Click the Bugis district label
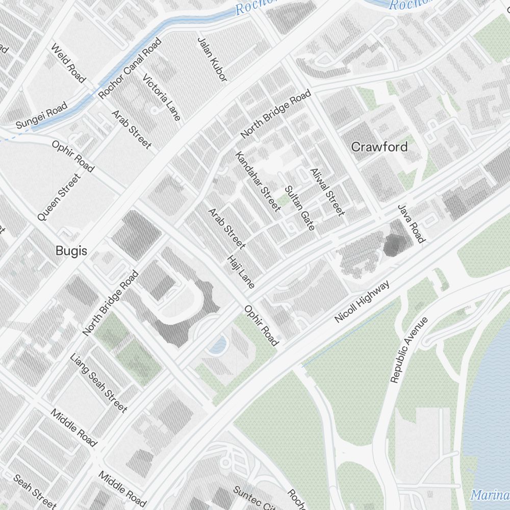71,251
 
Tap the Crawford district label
379,147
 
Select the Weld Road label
67,63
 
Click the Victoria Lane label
162,97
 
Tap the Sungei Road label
41,116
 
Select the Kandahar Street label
258,181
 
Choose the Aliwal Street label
327,191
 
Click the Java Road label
411,224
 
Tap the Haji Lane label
240,271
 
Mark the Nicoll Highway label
362,301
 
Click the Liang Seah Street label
98,382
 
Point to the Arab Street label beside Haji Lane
226,228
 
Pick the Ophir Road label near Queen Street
73,156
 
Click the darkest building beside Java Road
393,245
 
